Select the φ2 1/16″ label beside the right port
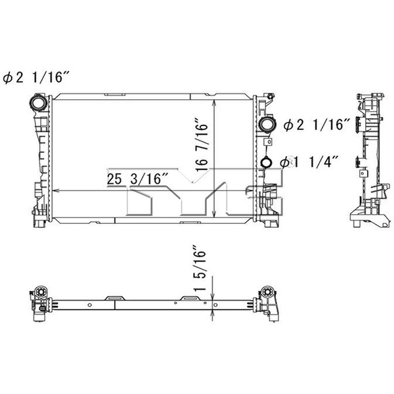[x=317, y=124]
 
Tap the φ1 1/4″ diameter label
[x=309, y=162]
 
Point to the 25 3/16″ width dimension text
[x=137, y=179]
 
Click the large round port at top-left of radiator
[x=38, y=102]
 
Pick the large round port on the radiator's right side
[x=267, y=124]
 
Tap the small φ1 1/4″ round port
[x=267, y=162]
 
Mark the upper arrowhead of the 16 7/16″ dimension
[x=214, y=102]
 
